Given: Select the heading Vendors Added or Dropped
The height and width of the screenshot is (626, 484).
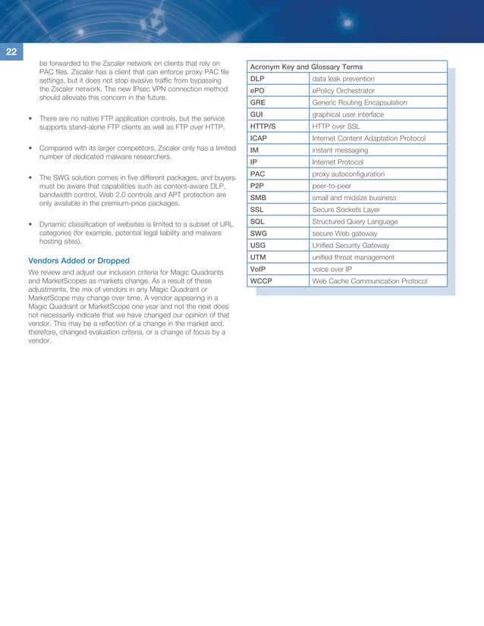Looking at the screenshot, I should (x=79, y=261).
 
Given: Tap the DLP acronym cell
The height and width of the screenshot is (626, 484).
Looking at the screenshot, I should (x=257, y=79).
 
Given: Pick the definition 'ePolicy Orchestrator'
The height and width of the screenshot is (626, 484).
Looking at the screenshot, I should (x=343, y=91).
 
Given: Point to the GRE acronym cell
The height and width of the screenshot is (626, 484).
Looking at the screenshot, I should (x=258, y=102).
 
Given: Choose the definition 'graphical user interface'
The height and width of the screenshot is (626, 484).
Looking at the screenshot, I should (x=347, y=114).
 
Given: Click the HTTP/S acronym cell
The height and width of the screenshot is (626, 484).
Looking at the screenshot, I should (x=262, y=126).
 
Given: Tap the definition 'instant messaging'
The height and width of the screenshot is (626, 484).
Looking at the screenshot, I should (x=340, y=150).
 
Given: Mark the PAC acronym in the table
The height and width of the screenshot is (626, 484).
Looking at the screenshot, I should (x=258, y=174).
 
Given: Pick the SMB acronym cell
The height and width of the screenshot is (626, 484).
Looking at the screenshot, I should (x=258, y=197).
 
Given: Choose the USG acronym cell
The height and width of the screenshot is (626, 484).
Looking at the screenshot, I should (x=258, y=245).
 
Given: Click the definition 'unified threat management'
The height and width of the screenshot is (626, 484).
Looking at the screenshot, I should (x=353, y=258).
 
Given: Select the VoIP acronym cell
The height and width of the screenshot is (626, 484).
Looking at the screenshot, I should (x=259, y=269).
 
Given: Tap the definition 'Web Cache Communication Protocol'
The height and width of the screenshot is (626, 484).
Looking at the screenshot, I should (x=369, y=281).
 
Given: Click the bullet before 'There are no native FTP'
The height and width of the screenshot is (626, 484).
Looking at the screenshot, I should (x=29, y=119).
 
